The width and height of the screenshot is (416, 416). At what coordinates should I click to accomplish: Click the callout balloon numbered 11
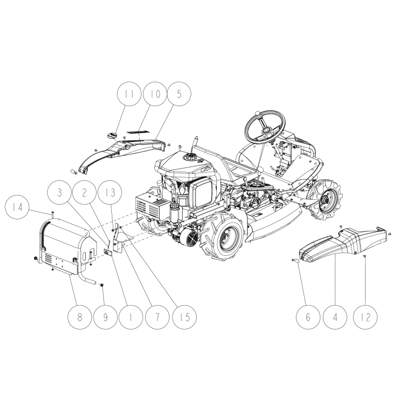click(x=129, y=94)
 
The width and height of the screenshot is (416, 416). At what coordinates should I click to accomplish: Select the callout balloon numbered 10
click(x=155, y=94)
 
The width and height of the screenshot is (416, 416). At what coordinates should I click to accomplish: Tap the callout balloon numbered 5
click(x=179, y=94)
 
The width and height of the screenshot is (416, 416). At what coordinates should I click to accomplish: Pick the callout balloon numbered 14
click(x=17, y=206)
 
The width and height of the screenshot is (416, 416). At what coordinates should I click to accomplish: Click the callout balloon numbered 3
click(x=60, y=192)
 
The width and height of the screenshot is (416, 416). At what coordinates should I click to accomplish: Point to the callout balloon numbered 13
click(x=110, y=192)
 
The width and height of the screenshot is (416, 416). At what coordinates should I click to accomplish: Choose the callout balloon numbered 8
click(x=80, y=317)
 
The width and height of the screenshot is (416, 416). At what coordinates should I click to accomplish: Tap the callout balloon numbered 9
click(x=106, y=317)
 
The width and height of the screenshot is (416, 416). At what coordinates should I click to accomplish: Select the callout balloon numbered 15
click(x=185, y=317)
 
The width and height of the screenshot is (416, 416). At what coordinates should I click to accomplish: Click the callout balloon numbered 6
click(x=308, y=317)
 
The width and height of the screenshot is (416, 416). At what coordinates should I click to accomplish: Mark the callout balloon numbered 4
click(x=335, y=317)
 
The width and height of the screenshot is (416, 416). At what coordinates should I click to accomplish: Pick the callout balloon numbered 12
click(x=366, y=317)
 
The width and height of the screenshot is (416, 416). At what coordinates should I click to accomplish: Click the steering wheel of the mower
click(x=265, y=127)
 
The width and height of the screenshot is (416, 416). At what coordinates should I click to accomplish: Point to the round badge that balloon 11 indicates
click(x=112, y=135)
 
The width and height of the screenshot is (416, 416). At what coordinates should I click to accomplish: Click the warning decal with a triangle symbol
click(x=108, y=252)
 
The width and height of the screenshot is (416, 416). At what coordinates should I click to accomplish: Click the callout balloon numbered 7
click(x=157, y=317)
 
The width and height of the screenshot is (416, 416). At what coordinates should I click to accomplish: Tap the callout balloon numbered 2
click(x=85, y=192)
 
